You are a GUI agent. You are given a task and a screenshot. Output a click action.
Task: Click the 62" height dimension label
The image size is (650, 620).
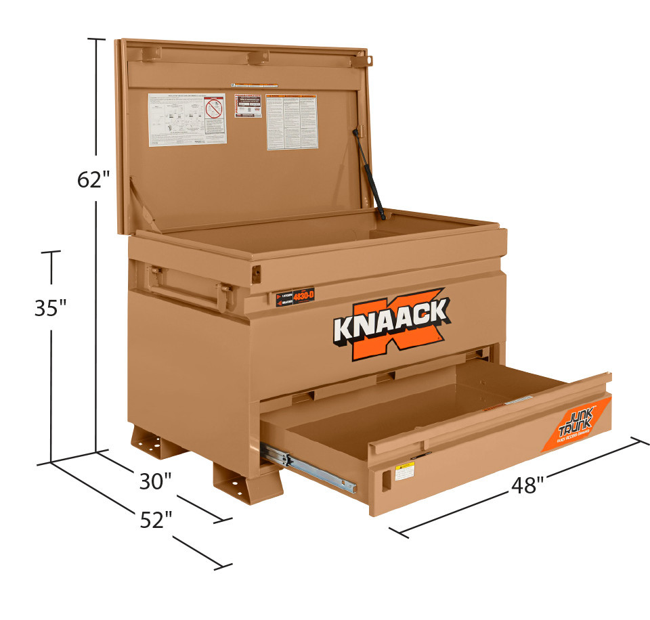click(x=93, y=180)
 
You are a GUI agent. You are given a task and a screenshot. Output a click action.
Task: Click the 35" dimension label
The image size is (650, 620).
click(x=51, y=308)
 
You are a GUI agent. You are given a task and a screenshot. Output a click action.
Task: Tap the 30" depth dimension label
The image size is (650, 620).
click(x=155, y=481)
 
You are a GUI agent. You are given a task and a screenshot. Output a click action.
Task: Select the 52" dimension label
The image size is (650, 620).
click(x=156, y=520)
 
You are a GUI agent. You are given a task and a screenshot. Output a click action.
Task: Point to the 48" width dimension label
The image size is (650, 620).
click(x=527, y=485)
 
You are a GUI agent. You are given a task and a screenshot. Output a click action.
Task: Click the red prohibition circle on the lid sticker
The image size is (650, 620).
click(x=214, y=108)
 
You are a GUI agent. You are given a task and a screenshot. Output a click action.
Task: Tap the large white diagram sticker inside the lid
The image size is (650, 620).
click(x=186, y=118)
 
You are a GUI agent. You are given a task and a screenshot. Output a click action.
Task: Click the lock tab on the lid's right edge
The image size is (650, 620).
click(x=368, y=60)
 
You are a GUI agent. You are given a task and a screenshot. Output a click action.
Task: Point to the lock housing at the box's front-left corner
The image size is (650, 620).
click(x=256, y=273)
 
